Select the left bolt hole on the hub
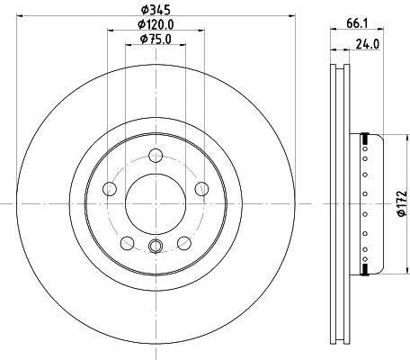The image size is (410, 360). [110, 188]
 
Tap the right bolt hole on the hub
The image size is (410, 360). [202, 188]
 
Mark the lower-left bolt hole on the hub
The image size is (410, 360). [127, 242]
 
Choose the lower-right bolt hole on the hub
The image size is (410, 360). [185, 242]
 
